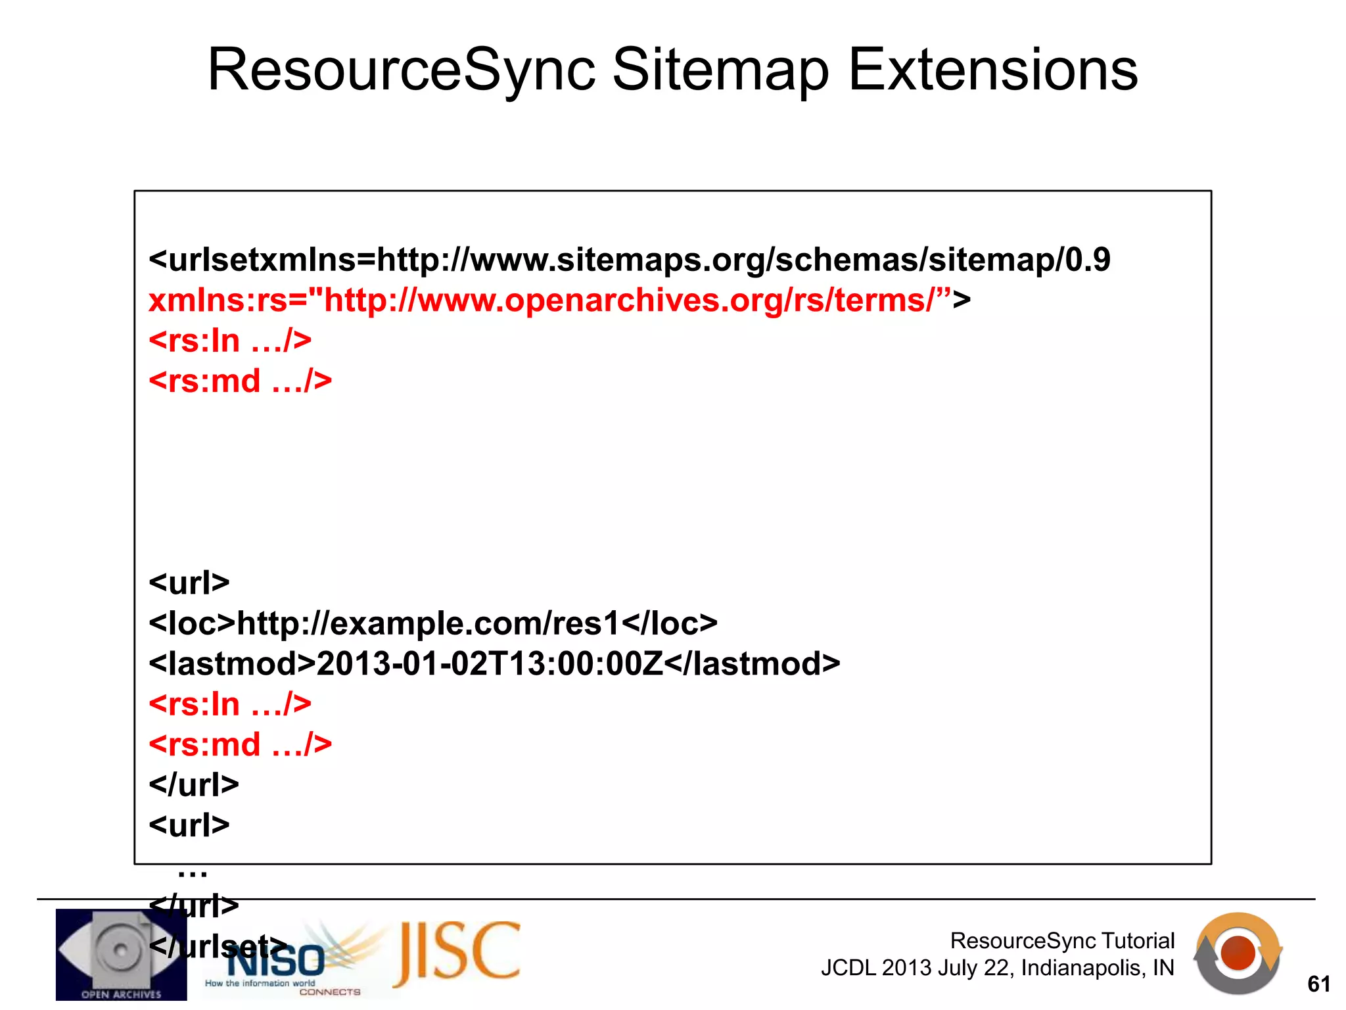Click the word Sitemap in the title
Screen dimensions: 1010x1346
720,71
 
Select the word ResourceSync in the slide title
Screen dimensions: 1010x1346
401,71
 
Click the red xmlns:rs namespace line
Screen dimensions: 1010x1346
559,301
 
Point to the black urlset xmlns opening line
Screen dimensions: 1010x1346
629,260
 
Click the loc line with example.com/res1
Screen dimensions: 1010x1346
433,623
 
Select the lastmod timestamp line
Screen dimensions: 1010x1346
494,663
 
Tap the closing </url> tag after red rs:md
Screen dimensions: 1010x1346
194,784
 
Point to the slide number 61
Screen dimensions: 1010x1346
1318,984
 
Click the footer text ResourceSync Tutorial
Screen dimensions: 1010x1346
1062,941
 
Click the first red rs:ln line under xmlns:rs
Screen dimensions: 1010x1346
230,341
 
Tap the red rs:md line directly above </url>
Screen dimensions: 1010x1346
240,744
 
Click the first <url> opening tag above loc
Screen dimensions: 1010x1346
189,583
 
